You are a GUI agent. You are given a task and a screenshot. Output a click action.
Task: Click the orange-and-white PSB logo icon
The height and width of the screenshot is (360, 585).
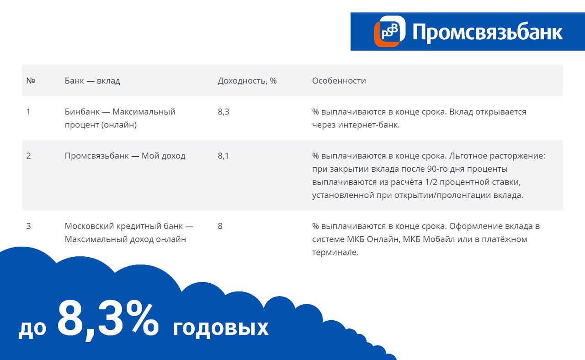coord(390,32)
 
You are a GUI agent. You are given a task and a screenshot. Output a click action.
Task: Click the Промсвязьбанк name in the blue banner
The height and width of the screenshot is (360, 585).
coord(488,32)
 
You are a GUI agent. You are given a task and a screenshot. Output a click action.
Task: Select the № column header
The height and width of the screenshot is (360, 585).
coord(31,81)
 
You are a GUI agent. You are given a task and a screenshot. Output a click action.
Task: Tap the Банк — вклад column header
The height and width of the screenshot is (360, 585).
coord(92,81)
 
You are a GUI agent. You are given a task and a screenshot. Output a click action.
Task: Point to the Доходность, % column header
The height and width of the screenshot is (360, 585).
coord(247,81)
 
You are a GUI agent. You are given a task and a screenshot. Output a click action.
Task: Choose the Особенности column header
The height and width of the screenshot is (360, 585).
coord(339,81)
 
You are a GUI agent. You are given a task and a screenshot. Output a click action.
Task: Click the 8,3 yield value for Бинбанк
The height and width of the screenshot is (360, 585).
coord(223,112)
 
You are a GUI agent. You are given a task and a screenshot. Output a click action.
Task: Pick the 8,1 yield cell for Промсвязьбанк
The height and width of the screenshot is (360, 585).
coord(223,156)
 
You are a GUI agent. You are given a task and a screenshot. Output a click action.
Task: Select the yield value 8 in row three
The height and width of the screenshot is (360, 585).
coord(220,226)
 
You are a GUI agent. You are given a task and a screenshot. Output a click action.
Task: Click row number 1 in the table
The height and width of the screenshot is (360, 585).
coord(28,112)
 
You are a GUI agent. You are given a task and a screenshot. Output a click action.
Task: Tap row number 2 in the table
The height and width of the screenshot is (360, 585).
coord(29,156)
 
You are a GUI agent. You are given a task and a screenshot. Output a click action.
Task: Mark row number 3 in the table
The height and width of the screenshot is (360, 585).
coord(29,226)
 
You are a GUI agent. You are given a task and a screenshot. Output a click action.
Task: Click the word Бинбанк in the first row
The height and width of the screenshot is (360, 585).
coord(82,112)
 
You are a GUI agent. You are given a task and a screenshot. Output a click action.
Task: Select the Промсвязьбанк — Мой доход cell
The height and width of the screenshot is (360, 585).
coord(125,156)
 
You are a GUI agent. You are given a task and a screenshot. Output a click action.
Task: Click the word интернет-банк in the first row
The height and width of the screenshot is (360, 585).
coord(368,125)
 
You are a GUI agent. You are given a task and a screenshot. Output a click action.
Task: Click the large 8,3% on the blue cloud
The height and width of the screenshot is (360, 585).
coord(108,321)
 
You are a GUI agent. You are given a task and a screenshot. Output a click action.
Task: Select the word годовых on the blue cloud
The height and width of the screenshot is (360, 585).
coord(221,328)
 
